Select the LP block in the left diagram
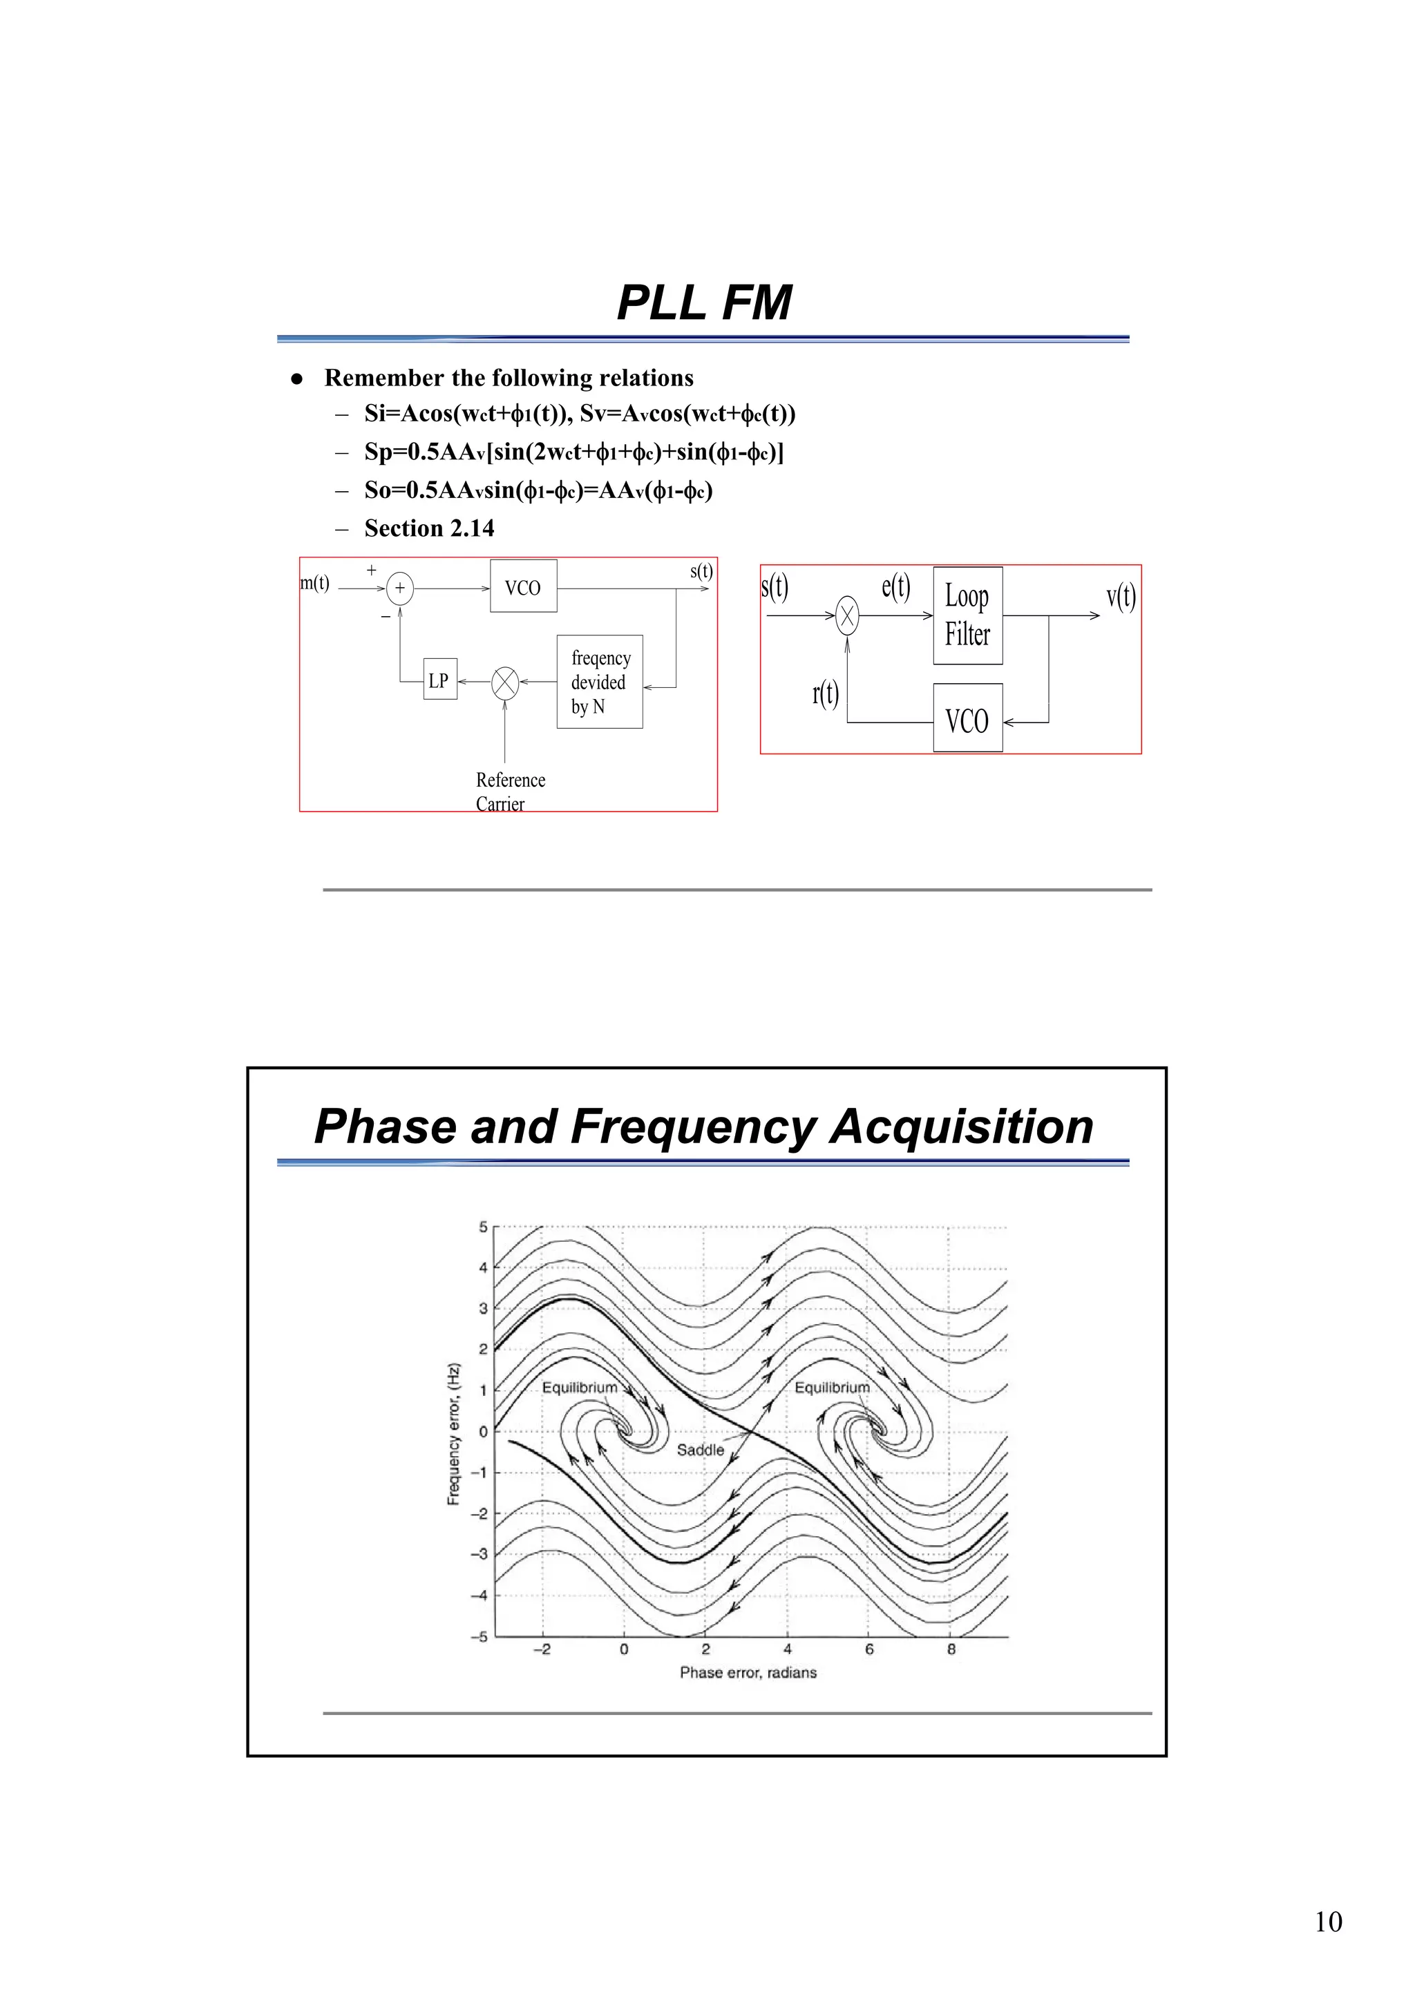439,680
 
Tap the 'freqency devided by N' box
600,682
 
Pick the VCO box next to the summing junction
523,587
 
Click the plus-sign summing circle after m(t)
399,588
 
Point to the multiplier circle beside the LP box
505,682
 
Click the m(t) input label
315,583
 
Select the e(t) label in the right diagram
895,586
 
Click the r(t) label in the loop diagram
825,693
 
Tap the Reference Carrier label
509,792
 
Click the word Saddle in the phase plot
700,1449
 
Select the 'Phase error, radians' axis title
748,1672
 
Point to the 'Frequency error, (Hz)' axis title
453,1434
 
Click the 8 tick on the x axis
951,1649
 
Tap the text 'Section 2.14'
429,528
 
